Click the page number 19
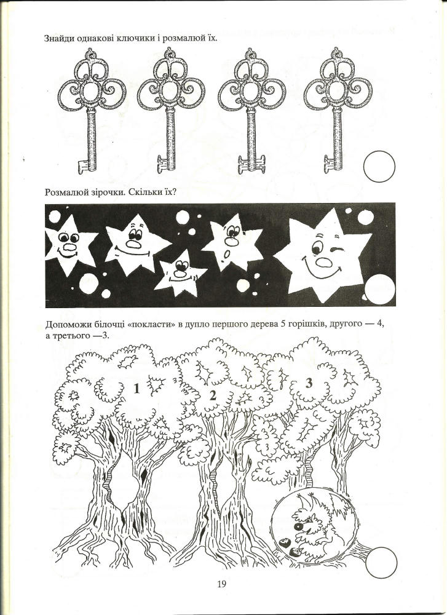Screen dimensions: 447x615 (221, 584)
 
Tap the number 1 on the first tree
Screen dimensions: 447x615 (136, 389)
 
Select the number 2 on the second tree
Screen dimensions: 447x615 (213, 395)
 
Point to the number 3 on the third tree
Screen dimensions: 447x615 (309, 383)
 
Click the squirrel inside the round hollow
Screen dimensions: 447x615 (314, 526)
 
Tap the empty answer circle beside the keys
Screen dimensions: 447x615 (379, 166)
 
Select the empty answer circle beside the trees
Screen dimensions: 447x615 (381, 563)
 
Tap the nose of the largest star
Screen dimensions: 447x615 (324, 261)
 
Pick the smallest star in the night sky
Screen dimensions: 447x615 (180, 273)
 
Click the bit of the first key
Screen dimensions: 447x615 (83, 166)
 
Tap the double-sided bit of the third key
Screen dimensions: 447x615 (251, 164)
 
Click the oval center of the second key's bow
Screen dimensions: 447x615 (170, 91)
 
